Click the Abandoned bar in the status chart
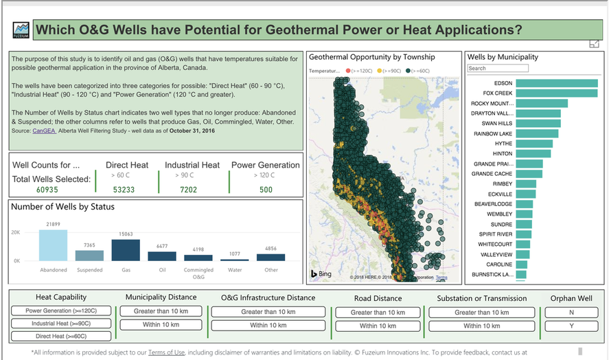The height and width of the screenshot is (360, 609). click(54, 245)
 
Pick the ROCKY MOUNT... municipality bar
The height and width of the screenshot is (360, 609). click(541, 103)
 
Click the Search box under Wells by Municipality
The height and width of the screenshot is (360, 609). click(498, 69)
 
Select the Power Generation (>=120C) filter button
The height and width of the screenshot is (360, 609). click(61, 311)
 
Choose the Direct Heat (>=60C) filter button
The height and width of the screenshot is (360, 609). click(61, 336)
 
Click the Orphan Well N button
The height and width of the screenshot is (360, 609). click(571, 312)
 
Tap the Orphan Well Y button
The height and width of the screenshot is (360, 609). click(571, 325)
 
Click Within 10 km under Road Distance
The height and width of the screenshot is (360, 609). click(378, 326)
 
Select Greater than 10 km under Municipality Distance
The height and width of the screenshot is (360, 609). click(161, 311)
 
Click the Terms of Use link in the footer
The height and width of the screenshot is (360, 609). click(166, 352)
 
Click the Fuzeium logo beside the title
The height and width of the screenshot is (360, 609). click(21, 30)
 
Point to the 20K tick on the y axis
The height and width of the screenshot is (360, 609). click(17, 233)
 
